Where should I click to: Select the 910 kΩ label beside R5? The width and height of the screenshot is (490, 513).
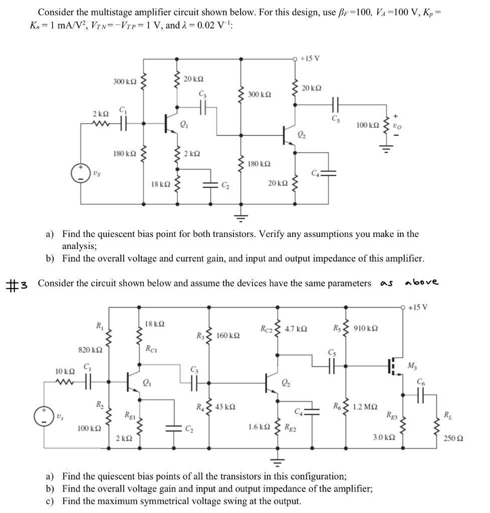coord(365,329)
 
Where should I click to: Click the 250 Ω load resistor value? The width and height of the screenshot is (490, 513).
coord(453,438)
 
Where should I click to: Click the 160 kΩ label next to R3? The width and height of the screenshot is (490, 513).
coord(227,335)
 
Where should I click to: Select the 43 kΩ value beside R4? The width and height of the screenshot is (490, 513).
coord(225,406)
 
